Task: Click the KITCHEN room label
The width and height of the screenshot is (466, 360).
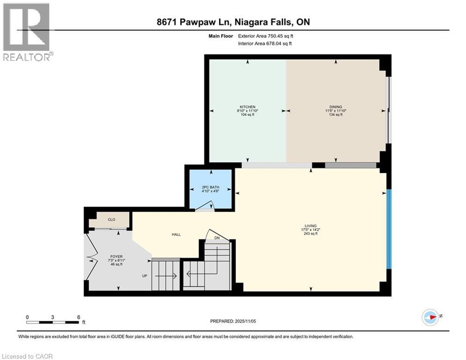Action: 248,106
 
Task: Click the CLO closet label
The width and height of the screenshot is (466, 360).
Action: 111,219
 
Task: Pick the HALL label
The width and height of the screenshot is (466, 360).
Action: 176,235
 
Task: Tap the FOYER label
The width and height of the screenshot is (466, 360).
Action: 116,256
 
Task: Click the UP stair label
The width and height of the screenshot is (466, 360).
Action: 145,276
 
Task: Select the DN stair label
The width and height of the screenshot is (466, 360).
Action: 217,238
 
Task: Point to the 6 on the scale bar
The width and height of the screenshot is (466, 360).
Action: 78,317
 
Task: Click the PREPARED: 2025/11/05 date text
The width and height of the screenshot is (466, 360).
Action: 233,321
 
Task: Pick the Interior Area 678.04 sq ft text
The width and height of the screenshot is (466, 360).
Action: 265,44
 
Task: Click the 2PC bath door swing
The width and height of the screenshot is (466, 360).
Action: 205,206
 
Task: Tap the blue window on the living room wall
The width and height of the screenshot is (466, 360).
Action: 388,228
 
